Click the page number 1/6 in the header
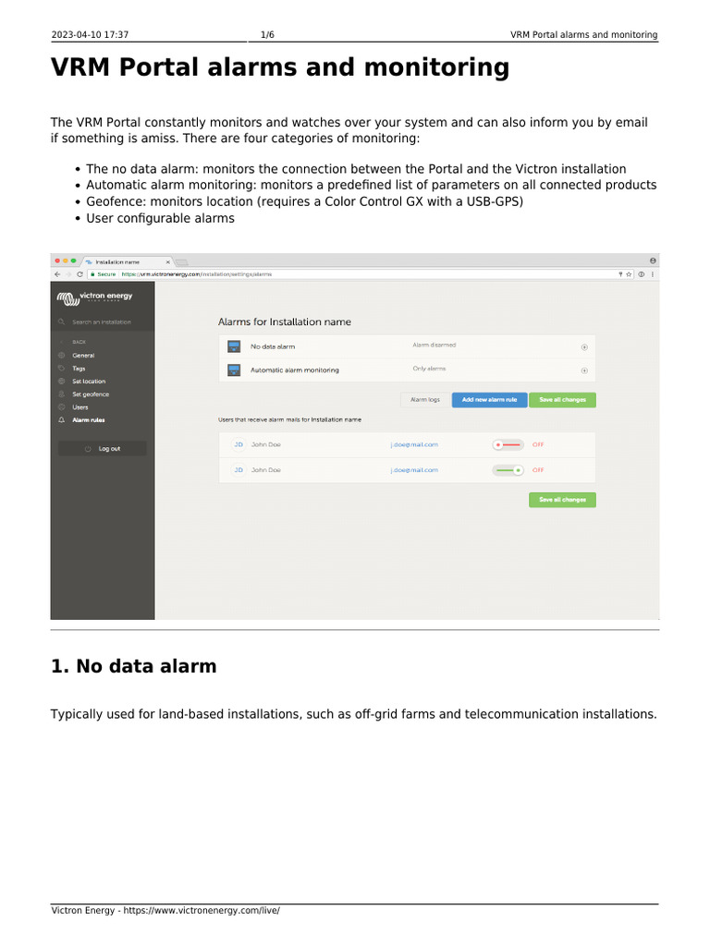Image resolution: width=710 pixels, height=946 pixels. pos(267,35)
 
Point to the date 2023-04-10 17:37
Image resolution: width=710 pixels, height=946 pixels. pos(90,35)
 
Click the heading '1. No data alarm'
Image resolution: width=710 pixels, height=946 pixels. pos(134,666)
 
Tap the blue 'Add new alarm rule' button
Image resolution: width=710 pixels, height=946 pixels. pos(489,400)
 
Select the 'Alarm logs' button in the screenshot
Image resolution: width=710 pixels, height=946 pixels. pos(425,400)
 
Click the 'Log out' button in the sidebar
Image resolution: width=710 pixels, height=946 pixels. pos(103,448)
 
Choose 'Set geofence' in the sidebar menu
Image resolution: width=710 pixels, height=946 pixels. pos(91,394)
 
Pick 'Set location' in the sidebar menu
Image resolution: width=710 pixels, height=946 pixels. pos(89,382)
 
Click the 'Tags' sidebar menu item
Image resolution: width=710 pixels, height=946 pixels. pos(79,369)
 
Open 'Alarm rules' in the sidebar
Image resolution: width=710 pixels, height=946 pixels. pos(89,420)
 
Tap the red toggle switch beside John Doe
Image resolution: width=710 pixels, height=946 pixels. pos(508,444)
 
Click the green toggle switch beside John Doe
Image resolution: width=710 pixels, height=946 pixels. pos(508,470)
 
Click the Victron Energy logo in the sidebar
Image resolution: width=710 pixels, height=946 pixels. pos(95,297)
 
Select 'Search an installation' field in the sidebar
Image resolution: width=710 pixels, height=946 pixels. pos(102,322)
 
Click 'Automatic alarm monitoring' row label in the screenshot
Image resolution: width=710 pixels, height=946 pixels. pos(295,370)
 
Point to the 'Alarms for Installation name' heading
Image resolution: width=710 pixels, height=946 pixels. pos(284,322)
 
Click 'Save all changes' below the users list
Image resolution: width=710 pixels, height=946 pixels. pos(562,500)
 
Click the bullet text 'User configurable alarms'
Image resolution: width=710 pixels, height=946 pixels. pos(160,219)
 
